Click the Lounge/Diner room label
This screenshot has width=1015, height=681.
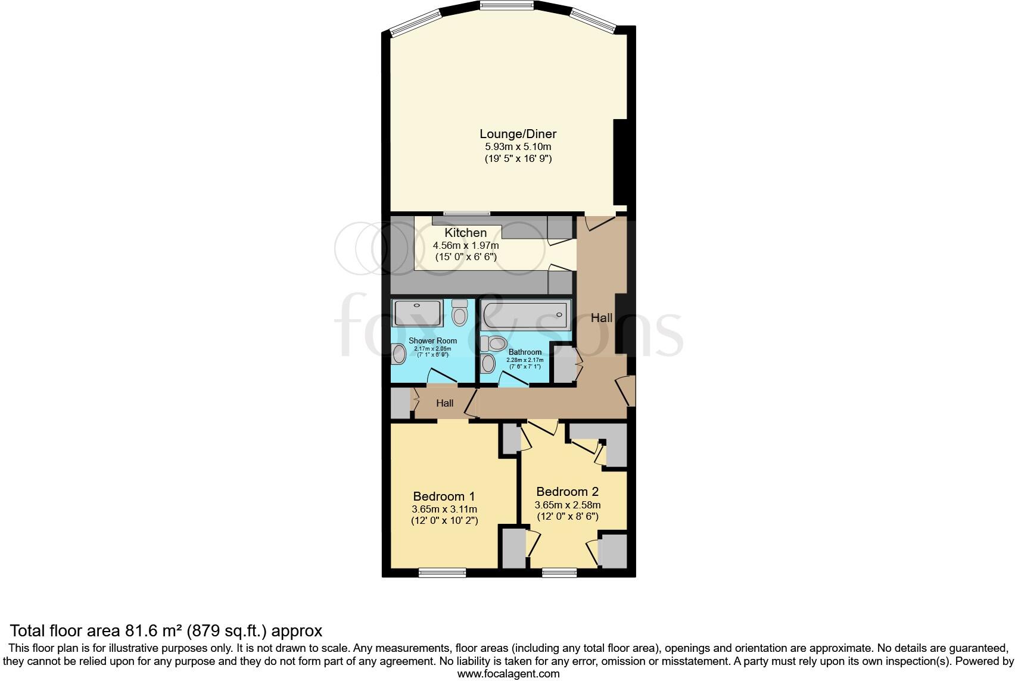tap(518, 134)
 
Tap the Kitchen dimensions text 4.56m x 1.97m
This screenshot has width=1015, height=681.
tap(465, 245)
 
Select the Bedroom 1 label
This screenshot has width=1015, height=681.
tap(444, 496)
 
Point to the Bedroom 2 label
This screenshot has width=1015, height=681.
tap(567, 492)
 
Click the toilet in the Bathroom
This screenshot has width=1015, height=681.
tap(494, 343)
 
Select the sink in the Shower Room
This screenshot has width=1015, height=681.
tap(398, 355)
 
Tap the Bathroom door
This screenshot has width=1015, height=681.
tap(513, 379)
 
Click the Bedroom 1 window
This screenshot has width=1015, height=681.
tap(442, 573)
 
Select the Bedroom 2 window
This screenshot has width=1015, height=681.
tap(559, 573)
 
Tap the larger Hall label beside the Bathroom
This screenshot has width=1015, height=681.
tap(601, 318)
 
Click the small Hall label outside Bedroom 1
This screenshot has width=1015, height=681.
tap(444, 403)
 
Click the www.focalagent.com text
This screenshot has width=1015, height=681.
tap(508, 674)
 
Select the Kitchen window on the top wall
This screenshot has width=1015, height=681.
tap(466, 213)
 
